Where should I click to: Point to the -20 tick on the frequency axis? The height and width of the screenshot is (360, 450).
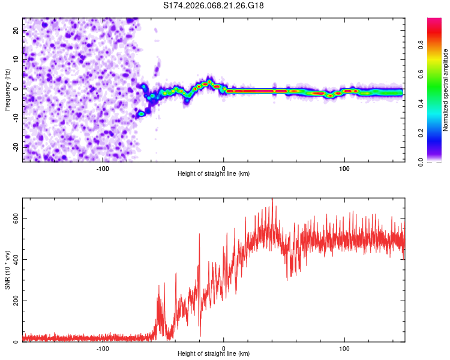(16, 147)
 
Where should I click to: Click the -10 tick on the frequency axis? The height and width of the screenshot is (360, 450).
(16, 118)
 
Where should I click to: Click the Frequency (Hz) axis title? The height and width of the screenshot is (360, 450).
(7, 90)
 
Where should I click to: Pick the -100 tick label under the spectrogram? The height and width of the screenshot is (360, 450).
(103, 168)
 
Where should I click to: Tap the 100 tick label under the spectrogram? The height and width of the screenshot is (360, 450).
(344, 168)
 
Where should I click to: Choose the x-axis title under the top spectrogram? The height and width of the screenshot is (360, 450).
(214, 174)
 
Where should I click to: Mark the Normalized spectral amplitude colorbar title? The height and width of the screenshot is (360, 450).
(445, 90)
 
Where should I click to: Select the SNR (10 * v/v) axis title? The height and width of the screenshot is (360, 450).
(7, 270)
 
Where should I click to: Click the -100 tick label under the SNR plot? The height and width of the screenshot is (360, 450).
(103, 348)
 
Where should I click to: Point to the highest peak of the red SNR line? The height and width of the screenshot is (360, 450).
(272, 199)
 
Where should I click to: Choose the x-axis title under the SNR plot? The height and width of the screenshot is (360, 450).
(214, 354)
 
